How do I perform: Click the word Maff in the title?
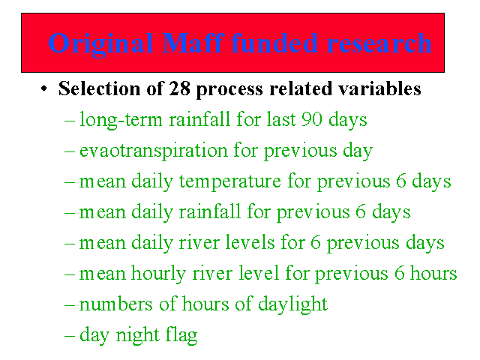[x=193, y=43]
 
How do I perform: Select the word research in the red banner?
[x=379, y=43]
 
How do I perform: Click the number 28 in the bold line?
[x=180, y=88]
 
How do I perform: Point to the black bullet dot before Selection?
[x=44, y=88]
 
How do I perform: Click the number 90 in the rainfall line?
[x=312, y=119]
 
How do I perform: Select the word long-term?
[x=121, y=120]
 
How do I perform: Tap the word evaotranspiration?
[x=154, y=151]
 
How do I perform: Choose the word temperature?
[x=230, y=181]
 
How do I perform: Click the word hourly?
[x=158, y=274]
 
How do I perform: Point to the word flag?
[x=181, y=335]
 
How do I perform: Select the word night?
[x=138, y=335]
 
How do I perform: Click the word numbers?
[x=115, y=304]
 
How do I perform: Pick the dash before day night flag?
[x=70, y=336]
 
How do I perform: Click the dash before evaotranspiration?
[x=70, y=151]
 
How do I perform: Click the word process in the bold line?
[x=229, y=90]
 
